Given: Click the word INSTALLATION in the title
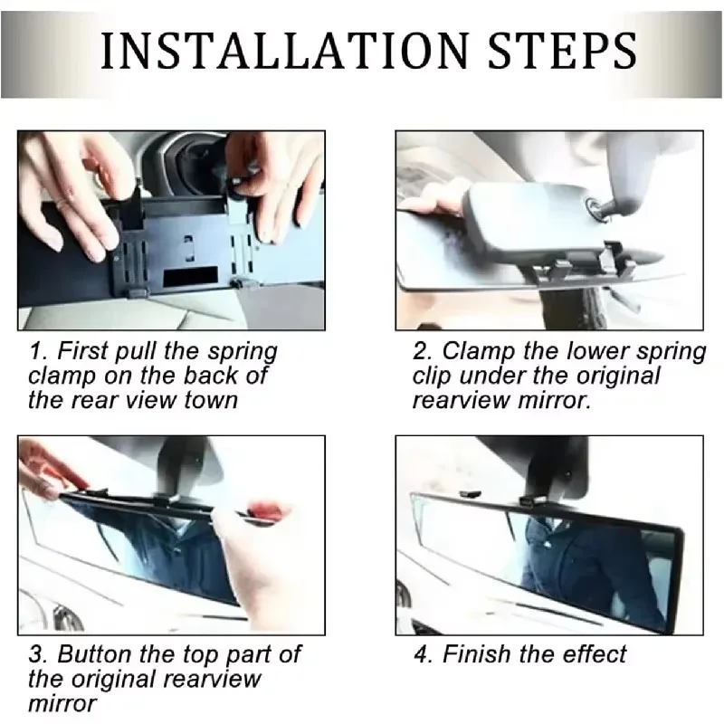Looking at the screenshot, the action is click(285, 51).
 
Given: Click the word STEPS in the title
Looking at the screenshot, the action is click(562, 51).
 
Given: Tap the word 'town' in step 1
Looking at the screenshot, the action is click(211, 400).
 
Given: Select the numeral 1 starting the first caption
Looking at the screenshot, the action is click(35, 351).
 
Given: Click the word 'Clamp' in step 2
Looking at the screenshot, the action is click(479, 352).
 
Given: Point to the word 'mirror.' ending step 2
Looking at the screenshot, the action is click(554, 400).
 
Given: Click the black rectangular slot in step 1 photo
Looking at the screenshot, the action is click(191, 276).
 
